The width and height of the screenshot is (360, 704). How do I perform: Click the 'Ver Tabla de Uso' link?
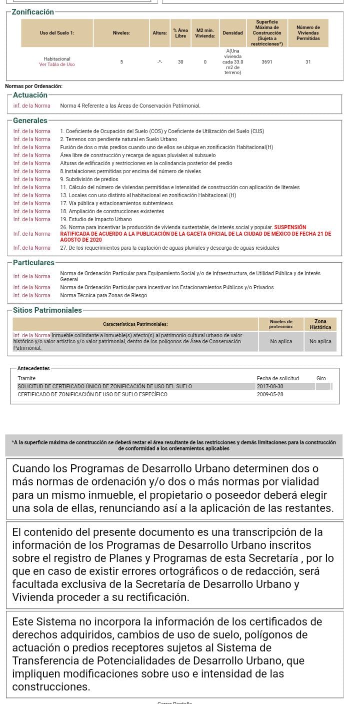coord(57,65)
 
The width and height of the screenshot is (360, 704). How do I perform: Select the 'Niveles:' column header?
coord(121,33)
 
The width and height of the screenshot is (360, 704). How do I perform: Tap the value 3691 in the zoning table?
coord(267,62)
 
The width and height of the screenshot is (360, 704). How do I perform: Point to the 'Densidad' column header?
coord(232,33)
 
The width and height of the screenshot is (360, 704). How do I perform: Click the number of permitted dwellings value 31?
coord(308,62)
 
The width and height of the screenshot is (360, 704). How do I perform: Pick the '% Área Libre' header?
coord(180,33)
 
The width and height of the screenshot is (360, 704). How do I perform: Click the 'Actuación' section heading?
coord(30,95)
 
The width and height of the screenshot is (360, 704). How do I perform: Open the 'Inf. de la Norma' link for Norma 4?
coord(31,106)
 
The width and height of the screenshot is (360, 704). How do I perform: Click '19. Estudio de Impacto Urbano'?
coord(96,219)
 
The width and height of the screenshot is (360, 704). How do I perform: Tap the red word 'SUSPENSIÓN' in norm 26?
coord(290,227)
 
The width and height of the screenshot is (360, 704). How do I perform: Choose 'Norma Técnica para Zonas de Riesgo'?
coord(103,295)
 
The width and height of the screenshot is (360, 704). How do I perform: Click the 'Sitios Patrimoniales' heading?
coord(47,310)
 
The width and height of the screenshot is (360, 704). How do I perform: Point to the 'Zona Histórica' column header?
coord(320,324)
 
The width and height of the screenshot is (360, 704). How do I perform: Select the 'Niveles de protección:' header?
coord(280,324)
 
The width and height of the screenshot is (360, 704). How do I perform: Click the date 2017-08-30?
coord(270,386)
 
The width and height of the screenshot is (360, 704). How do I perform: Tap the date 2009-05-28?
coord(270,394)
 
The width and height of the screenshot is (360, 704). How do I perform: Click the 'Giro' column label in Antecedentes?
coord(321,378)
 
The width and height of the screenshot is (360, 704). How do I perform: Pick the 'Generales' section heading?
coord(30,121)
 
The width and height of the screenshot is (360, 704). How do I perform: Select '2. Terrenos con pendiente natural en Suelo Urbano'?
coord(118,139)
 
